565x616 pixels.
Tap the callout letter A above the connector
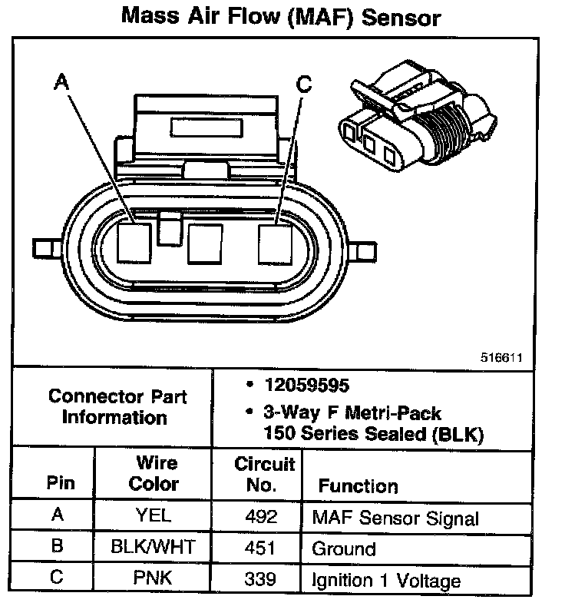(x=62, y=81)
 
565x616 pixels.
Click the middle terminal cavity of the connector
(x=204, y=243)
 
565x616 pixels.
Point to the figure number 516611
(x=502, y=357)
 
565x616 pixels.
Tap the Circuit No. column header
(x=265, y=474)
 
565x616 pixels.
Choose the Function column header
(x=358, y=485)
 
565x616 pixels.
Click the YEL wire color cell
(x=154, y=515)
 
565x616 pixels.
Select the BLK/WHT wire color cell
(x=154, y=548)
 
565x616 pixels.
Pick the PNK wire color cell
(x=154, y=578)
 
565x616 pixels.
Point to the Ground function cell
(x=343, y=549)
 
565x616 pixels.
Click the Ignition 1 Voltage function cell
(x=386, y=581)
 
